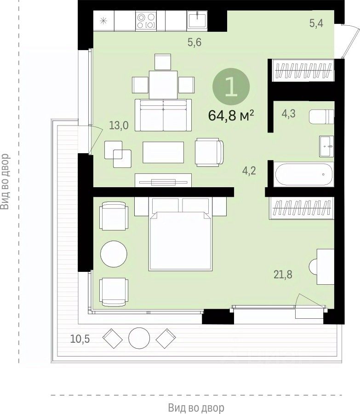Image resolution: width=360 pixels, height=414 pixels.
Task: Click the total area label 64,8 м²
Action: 231,115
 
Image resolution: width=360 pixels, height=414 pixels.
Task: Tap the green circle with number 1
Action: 231,86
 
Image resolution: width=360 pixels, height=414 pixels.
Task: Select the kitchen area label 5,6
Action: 194,42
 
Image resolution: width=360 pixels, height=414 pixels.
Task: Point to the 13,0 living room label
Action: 119,125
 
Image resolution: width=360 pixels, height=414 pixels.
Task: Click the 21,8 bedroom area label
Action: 283,275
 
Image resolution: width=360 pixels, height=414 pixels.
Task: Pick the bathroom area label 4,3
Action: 288,114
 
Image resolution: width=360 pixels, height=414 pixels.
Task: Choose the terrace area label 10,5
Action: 80,339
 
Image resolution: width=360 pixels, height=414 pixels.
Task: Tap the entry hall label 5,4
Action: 316,23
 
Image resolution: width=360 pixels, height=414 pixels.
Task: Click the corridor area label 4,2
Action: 249,171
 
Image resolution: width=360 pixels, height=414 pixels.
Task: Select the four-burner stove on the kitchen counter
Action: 146,21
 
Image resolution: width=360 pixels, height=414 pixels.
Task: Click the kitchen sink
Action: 197,20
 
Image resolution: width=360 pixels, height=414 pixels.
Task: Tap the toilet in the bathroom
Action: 321,116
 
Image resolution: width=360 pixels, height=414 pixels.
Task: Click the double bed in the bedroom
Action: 181,240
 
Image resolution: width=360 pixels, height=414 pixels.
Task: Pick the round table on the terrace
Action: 139,338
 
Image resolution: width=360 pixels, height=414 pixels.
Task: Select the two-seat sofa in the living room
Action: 163,115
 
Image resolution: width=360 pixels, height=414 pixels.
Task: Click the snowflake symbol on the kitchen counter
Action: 104,21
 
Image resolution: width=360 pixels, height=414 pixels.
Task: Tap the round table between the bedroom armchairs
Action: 114,254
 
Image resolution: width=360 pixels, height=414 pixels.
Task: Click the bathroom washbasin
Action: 326,146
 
